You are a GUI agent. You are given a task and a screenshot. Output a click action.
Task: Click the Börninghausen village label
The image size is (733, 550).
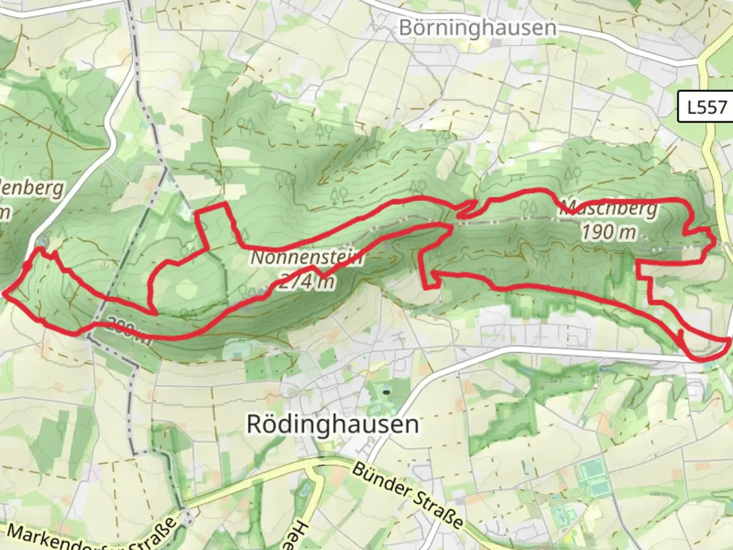pos(477,28)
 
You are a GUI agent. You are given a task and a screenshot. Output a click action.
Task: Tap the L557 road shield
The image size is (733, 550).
pos(707,107)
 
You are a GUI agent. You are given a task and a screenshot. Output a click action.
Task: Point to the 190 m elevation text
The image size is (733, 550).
pos(609,232)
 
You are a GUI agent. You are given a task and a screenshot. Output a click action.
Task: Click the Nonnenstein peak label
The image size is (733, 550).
pos(307,258)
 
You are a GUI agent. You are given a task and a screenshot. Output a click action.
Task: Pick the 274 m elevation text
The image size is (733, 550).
pos(307,281)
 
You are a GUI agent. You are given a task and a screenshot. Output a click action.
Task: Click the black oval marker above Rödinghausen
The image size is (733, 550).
pos(387,392)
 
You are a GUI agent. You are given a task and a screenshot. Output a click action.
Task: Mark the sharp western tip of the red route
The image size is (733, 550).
pos(5,293)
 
